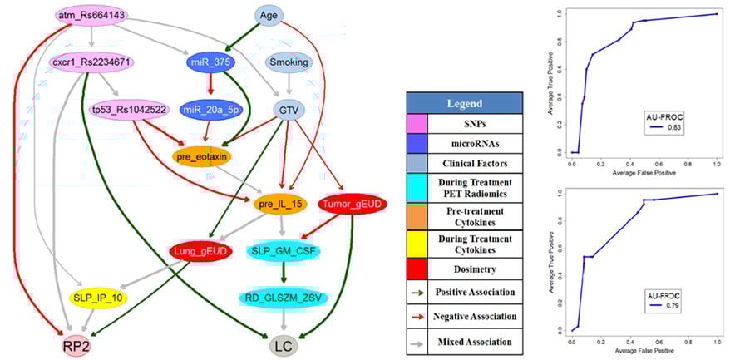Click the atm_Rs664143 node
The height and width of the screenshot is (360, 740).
click(x=91, y=15)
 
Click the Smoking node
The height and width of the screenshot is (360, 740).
click(x=289, y=62)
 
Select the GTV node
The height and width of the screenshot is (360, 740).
click(x=288, y=109)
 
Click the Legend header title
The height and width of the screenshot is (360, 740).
click(x=465, y=103)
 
